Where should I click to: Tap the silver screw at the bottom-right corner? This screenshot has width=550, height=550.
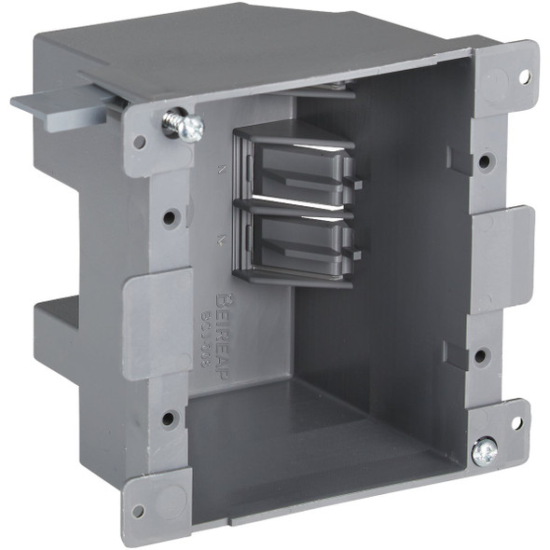pos(484,451)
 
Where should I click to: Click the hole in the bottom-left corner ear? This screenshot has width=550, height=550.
pos(139,510)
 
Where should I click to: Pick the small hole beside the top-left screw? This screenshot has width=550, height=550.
pos(140,143)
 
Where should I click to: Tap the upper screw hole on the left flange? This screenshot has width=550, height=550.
pos(170,218)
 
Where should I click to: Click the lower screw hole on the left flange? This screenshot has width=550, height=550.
pos(169,417)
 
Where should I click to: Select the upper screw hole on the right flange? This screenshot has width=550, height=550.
pos(485,162)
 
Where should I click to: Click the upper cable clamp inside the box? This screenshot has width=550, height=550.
pos(294,168)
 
